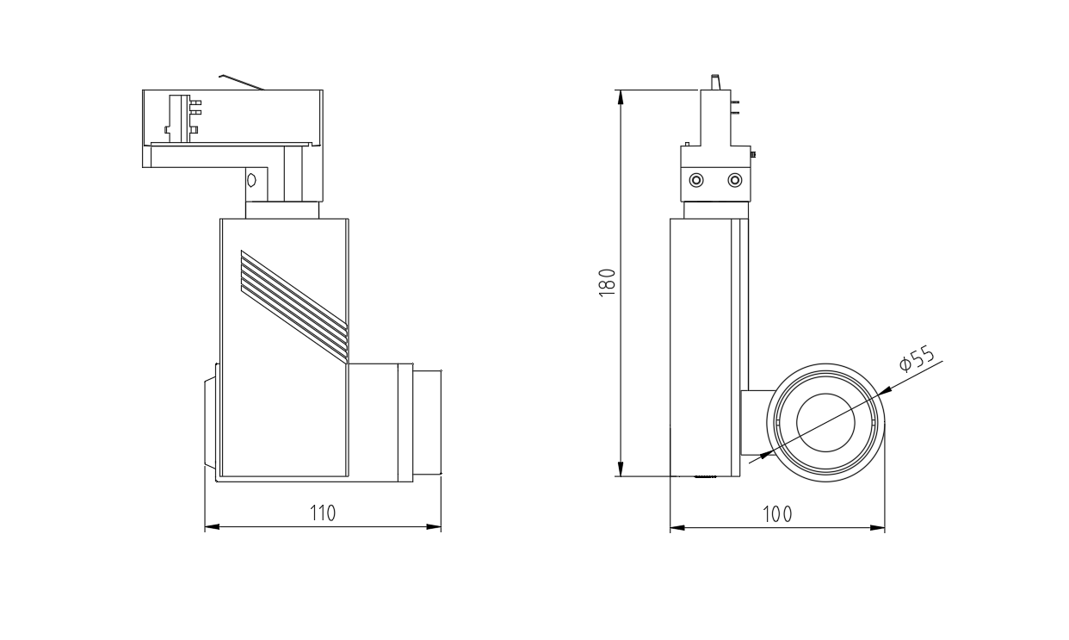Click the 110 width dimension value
(323, 513)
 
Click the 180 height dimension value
(607, 283)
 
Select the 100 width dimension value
(777, 514)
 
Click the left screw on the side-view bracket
(696, 181)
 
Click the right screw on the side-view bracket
(734, 181)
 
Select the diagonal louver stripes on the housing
(294, 306)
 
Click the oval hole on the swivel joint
(252, 181)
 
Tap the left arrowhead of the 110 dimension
(212, 527)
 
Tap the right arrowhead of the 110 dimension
(434, 527)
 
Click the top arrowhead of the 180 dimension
(621, 97)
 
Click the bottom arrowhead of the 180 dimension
(621, 469)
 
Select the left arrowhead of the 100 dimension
(677, 528)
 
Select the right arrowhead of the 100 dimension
(878, 528)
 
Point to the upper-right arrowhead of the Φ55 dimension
(886, 389)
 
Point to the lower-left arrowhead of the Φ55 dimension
(765, 455)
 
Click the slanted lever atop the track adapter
(242, 82)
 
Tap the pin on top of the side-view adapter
(715, 82)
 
